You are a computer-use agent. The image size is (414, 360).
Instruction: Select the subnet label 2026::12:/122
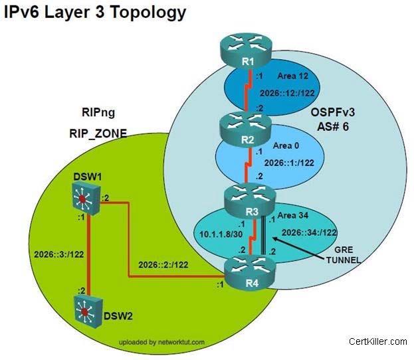click(x=288, y=94)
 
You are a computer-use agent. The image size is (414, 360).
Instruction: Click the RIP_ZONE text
click(x=99, y=133)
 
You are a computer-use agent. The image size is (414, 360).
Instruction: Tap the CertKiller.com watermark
click(x=377, y=341)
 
